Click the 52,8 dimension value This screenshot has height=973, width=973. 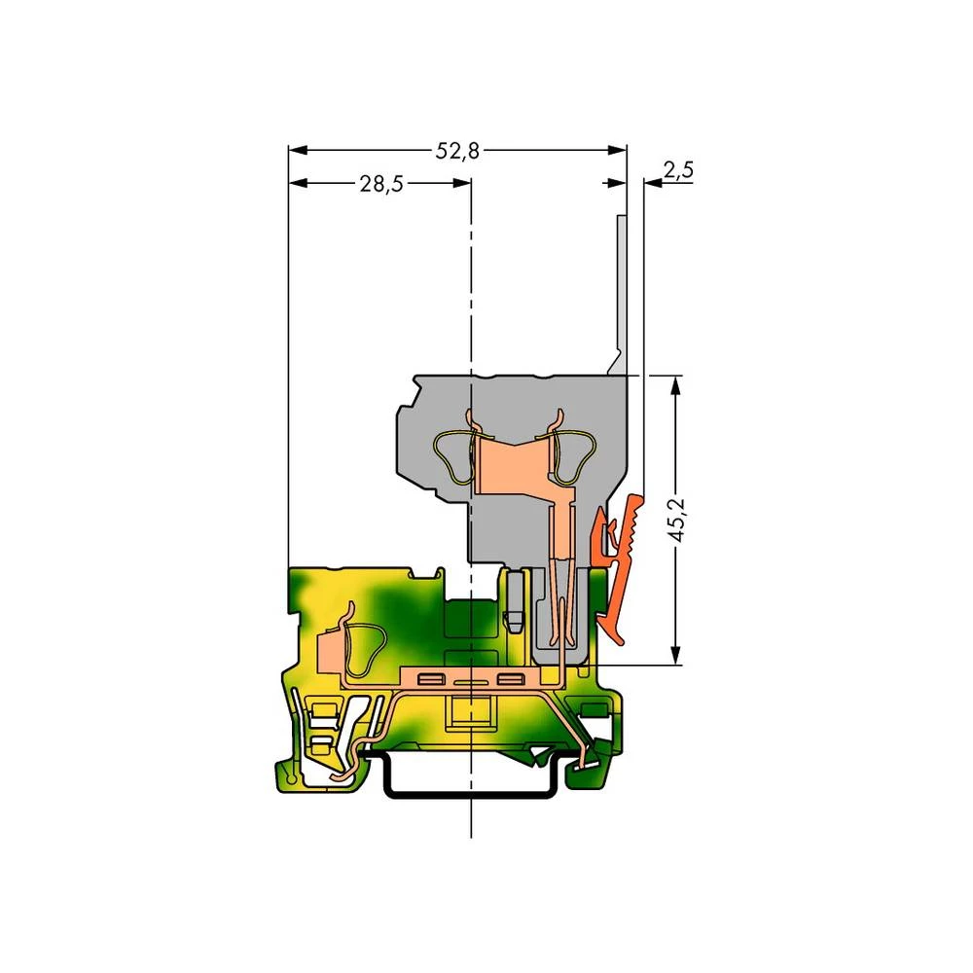click(x=457, y=150)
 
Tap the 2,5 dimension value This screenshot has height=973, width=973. click(x=677, y=170)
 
